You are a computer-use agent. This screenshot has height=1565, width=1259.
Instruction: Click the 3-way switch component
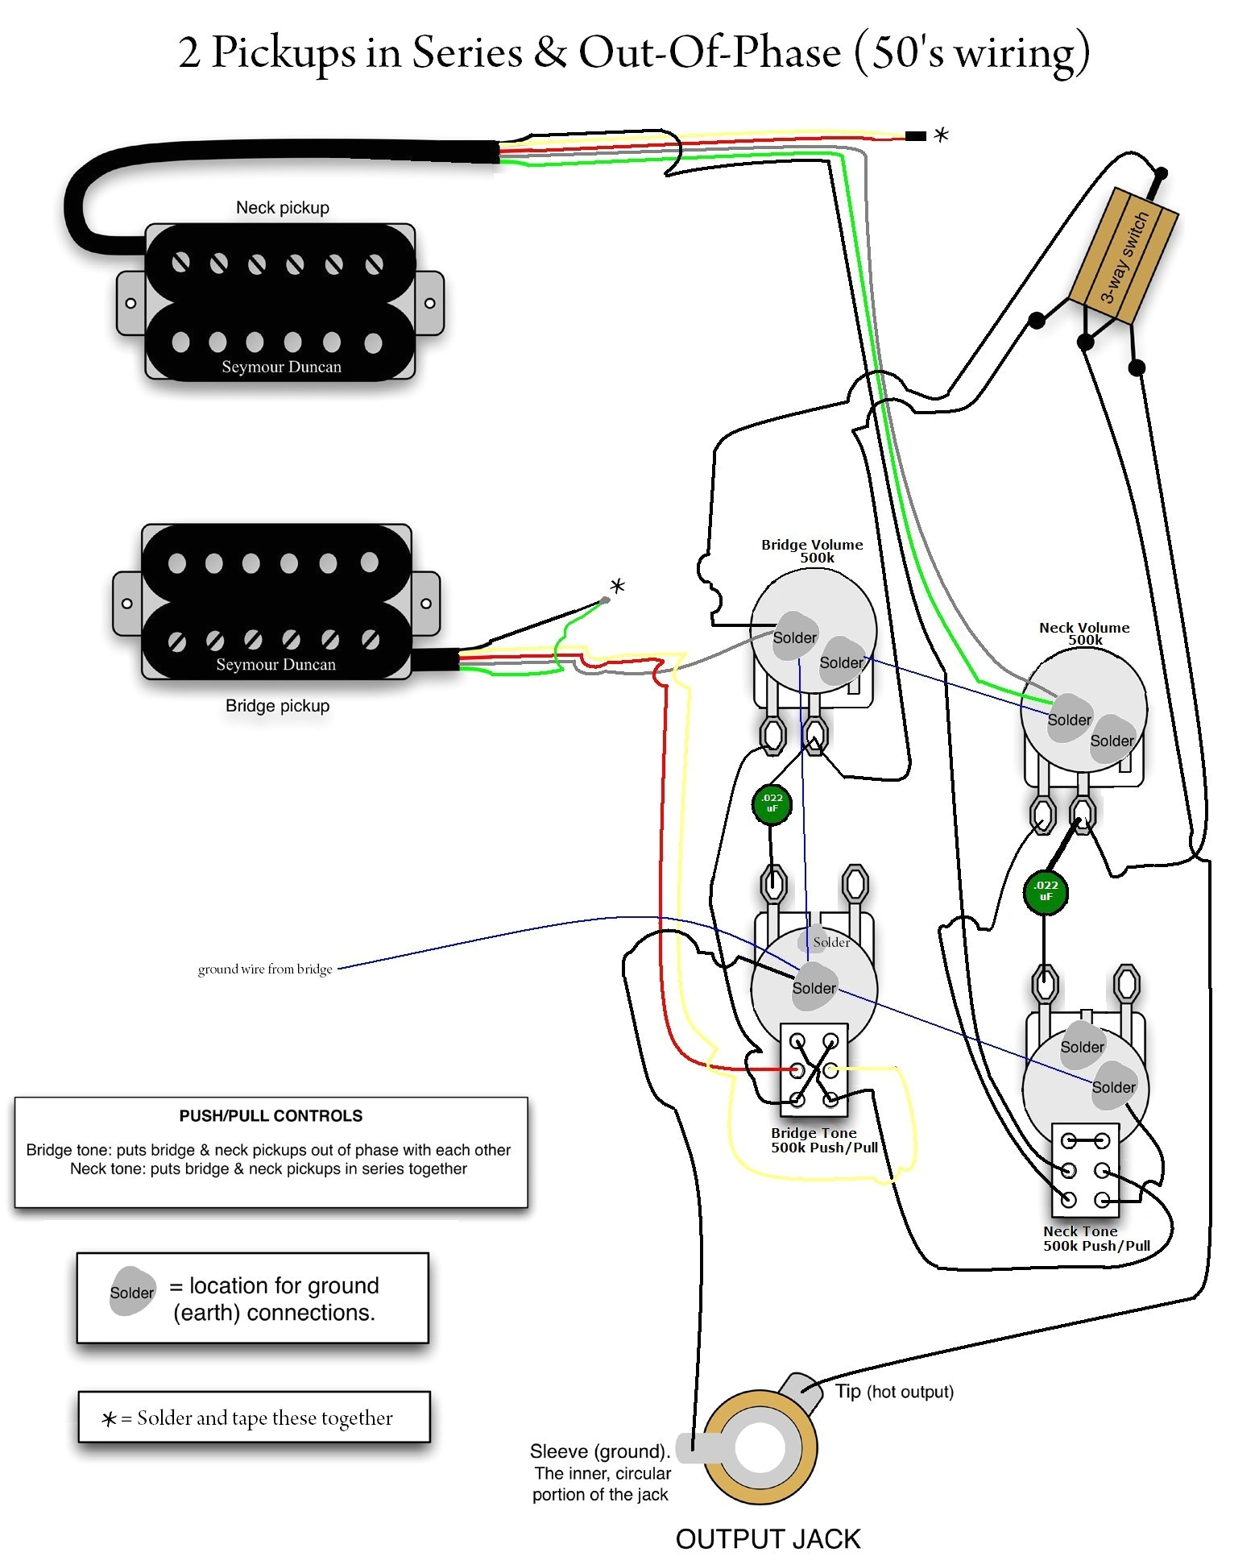(1123, 257)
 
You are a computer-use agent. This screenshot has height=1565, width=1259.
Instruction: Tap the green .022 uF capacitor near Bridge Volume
(772, 803)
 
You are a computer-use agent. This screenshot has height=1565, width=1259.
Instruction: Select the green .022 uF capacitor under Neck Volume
(1046, 891)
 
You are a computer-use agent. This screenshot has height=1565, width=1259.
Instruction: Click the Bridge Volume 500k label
(812, 550)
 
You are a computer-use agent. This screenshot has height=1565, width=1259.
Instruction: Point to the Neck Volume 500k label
(1084, 633)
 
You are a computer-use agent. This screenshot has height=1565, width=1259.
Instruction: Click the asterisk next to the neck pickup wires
(941, 135)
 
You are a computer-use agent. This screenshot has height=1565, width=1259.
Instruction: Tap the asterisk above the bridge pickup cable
(617, 586)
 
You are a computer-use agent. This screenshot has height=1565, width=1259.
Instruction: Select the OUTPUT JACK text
(768, 1538)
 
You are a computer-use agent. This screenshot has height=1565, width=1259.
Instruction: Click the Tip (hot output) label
(894, 1391)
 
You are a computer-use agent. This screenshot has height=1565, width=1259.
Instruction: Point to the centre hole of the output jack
(760, 1447)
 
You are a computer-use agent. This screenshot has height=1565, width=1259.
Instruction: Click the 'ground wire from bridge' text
(265, 969)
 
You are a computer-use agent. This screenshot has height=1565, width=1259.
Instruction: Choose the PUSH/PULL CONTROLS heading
(271, 1115)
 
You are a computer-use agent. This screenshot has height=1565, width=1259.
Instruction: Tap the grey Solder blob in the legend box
(132, 1292)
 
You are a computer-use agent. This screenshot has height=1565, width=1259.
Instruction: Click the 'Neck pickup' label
(282, 207)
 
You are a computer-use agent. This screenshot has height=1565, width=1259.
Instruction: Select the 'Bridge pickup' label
(277, 705)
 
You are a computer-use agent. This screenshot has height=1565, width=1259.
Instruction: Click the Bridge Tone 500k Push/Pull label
(824, 1140)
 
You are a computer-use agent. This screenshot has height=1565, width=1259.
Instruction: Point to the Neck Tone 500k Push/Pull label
(1095, 1238)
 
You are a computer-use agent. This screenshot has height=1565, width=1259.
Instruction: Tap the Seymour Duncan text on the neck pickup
(281, 367)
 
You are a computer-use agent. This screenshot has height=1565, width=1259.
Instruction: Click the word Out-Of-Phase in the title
(710, 52)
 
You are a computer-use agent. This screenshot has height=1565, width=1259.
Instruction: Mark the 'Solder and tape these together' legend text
(264, 1418)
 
